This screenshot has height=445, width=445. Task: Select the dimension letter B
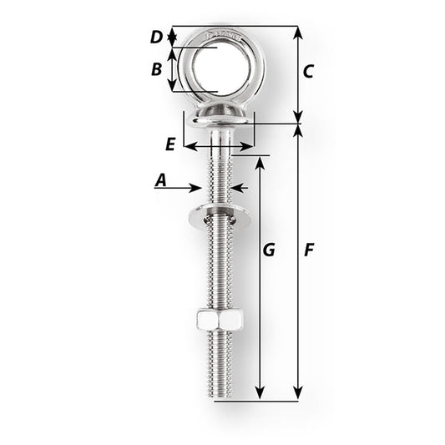pyautogui.click(x=156, y=69)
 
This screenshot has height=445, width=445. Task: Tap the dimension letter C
pyautogui.click(x=307, y=72)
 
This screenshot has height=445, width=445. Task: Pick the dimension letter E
pyautogui.click(x=170, y=144)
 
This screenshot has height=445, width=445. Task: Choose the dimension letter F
pyautogui.click(x=309, y=250)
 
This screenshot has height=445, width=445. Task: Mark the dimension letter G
pyautogui.click(x=267, y=250)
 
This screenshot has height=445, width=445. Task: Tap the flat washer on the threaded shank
pyautogui.click(x=219, y=217)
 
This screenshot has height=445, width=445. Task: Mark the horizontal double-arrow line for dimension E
pyautogui.click(x=217, y=145)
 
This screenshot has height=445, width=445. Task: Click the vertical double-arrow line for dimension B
pyautogui.click(x=172, y=69)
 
